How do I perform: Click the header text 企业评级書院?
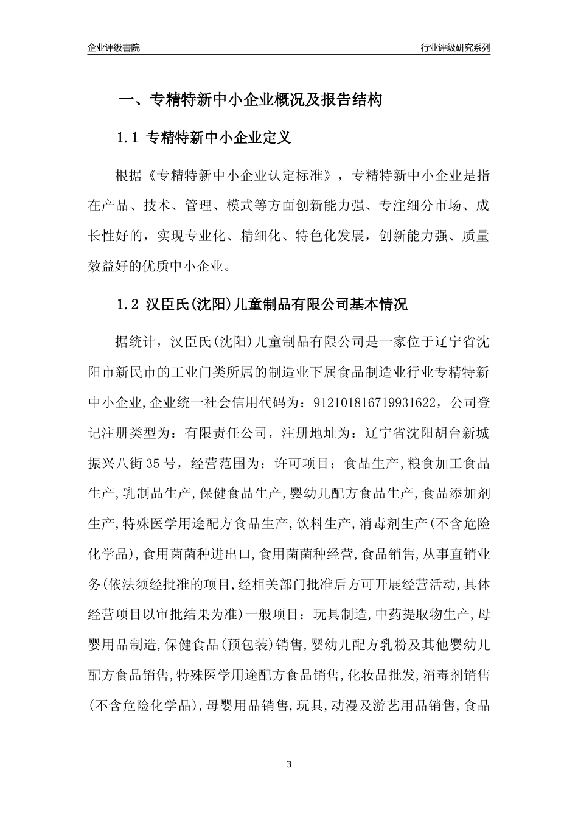pos(114,47)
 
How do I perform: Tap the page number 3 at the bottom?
pos(289,764)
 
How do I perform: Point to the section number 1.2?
pos(128,304)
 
